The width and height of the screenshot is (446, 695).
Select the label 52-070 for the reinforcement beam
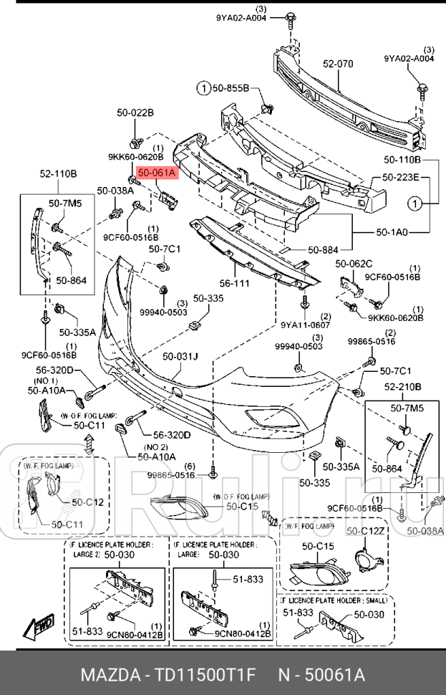tap(338, 64)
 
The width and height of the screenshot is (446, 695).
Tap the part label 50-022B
tap(136, 112)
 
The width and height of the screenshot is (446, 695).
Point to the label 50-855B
tap(229, 88)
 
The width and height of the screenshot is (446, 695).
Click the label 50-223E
tap(401, 177)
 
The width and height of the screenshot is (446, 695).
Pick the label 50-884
tap(323, 250)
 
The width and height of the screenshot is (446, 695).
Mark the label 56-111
tap(234, 284)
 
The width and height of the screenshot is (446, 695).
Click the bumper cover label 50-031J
tap(180, 356)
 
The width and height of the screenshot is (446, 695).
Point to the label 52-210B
tap(402, 388)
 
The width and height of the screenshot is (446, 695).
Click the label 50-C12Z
tap(366, 531)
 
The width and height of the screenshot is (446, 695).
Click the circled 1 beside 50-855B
tap(203, 88)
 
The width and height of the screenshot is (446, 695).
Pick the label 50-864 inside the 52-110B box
tap(71, 280)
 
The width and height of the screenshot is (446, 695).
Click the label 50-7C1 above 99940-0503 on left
tap(164, 249)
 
